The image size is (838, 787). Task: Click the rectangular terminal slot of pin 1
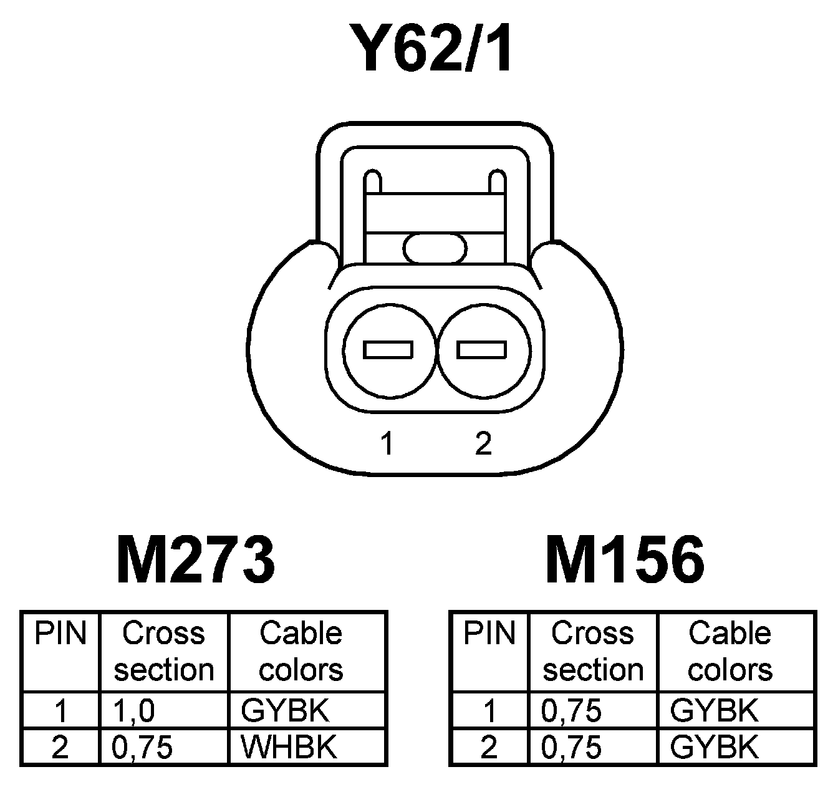tap(388, 349)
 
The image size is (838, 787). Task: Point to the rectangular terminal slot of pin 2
tap(481, 349)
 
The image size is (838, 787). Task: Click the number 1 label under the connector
tap(388, 443)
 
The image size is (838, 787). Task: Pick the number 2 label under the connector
tap(483, 443)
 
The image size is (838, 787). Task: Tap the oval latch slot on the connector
tap(435, 248)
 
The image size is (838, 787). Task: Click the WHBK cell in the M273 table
tap(289, 747)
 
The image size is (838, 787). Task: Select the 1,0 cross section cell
tap(134, 711)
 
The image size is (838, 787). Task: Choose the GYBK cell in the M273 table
tap(284, 711)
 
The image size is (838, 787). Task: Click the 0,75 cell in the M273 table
tap(142, 747)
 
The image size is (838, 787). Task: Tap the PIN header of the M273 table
tap(60, 634)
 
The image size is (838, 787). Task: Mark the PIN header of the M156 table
tap(489, 634)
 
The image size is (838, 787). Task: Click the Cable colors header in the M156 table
tap(730, 652)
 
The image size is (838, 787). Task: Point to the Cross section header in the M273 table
tap(164, 652)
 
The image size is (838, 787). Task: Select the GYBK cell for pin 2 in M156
tap(714, 747)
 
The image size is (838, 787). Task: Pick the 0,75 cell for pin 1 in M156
tap(572, 711)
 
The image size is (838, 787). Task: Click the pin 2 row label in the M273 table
tap(60, 747)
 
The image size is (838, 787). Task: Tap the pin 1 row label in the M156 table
tap(489, 711)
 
